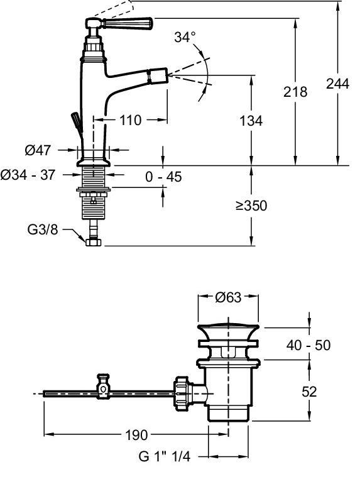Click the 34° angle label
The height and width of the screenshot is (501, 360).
tap(185, 37)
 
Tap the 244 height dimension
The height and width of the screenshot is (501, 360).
tap(337, 84)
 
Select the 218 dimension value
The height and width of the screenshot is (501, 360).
tap(295, 92)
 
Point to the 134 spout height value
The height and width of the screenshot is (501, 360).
tap(251, 121)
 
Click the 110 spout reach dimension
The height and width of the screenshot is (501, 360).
tap(130, 121)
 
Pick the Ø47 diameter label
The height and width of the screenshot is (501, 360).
tap(38, 150)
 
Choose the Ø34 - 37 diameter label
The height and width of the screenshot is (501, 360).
tap(28, 175)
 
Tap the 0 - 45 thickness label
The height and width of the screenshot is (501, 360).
tap(163, 177)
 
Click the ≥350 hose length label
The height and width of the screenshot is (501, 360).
tap(251, 206)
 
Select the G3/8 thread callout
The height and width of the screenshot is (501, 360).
tap(43, 229)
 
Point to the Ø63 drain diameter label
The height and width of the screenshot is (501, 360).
tap(228, 297)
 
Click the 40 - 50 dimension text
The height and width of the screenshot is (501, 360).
tap(308, 345)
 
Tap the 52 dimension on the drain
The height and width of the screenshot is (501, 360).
tap(309, 392)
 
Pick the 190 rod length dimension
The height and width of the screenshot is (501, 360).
tap(136, 435)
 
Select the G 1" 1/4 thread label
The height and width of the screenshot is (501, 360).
tap(164, 456)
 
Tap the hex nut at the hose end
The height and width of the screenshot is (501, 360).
tap(94, 242)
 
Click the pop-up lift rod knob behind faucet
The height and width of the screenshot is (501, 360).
tap(77, 122)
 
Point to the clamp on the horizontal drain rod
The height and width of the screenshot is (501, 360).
tap(103, 387)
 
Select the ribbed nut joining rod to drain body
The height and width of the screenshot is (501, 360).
tap(182, 394)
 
